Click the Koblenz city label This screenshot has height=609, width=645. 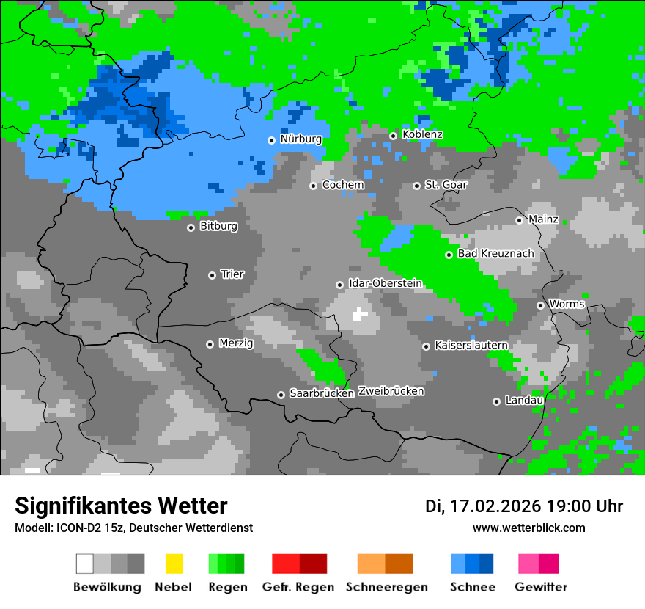click(422, 134)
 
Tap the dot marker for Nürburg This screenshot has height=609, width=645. click(271, 139)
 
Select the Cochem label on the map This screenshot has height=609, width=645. click(343, 185)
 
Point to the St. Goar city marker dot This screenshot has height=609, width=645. click(416, 186)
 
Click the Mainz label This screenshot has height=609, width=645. click(543, 219)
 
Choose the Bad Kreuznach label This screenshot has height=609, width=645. click(495, 254)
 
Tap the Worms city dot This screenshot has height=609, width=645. click(540, 305)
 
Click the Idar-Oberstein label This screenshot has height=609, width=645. click(385, 283)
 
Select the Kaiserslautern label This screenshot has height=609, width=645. click(471, 345)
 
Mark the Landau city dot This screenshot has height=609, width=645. click(496, 401)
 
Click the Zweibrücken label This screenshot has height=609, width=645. click(391, 391)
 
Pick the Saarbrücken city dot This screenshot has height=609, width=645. click(281, 395)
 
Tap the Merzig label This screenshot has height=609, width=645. click(236, 343)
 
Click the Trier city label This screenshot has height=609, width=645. click(232, 274)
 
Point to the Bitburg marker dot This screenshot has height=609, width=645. click(191, 227)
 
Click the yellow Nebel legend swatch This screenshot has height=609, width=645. click(174, 564)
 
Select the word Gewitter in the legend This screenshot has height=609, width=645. click(541, 587)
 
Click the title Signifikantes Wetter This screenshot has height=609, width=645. click(121, 506)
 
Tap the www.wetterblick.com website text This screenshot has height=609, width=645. click(528, 528)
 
